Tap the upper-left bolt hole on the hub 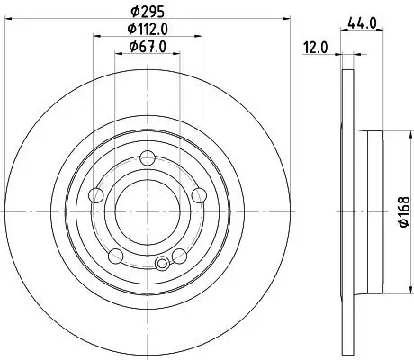click(x=96, y=193)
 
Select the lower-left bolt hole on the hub click(x=114, y=256)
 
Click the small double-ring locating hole click(x=162, y=264)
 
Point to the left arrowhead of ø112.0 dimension click(x=95, y=37)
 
